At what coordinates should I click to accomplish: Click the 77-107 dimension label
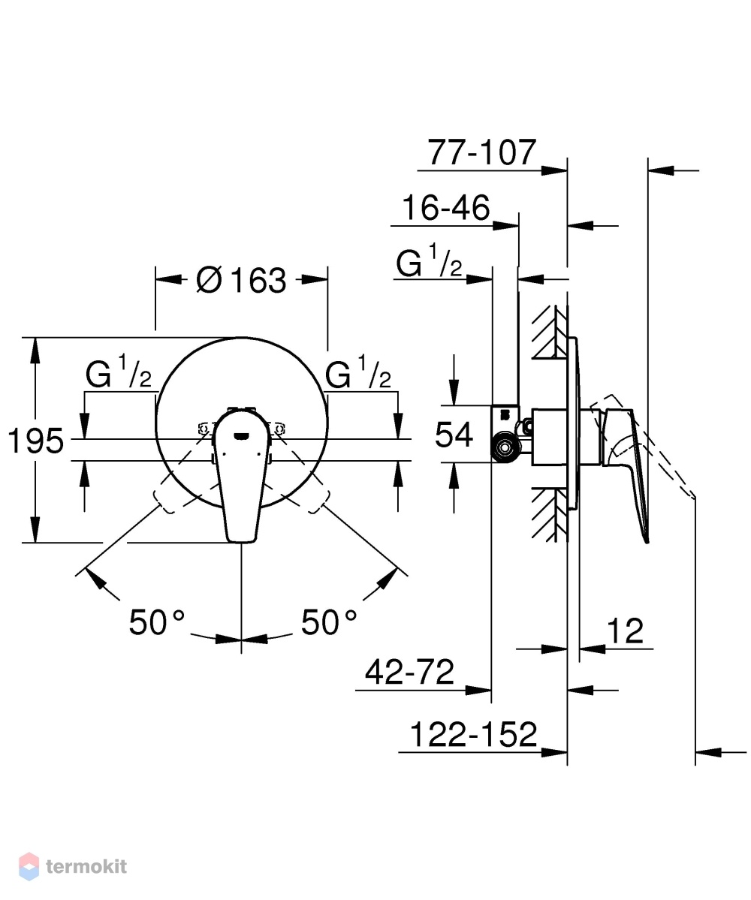(481, 152)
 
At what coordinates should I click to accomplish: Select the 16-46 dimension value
(446, 207)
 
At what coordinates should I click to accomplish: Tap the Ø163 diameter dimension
(241, 280)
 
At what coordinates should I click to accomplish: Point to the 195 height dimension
(35, 441)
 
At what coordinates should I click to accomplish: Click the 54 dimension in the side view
(454, 434)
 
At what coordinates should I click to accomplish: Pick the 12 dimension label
(626, 631)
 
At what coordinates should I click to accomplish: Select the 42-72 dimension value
(410, 672)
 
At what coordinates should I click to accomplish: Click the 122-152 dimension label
(474, 734)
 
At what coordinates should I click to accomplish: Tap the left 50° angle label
(157, 622)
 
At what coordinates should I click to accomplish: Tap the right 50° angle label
(329, 622)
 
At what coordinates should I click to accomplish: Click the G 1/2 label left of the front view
(119, 372)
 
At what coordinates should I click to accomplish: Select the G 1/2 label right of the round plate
(358, 372)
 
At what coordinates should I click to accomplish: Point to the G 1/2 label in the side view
(429, 262)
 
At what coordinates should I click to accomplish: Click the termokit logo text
(86, 866)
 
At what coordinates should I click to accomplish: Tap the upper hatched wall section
(550, 333)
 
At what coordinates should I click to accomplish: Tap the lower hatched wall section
(550, 514)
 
